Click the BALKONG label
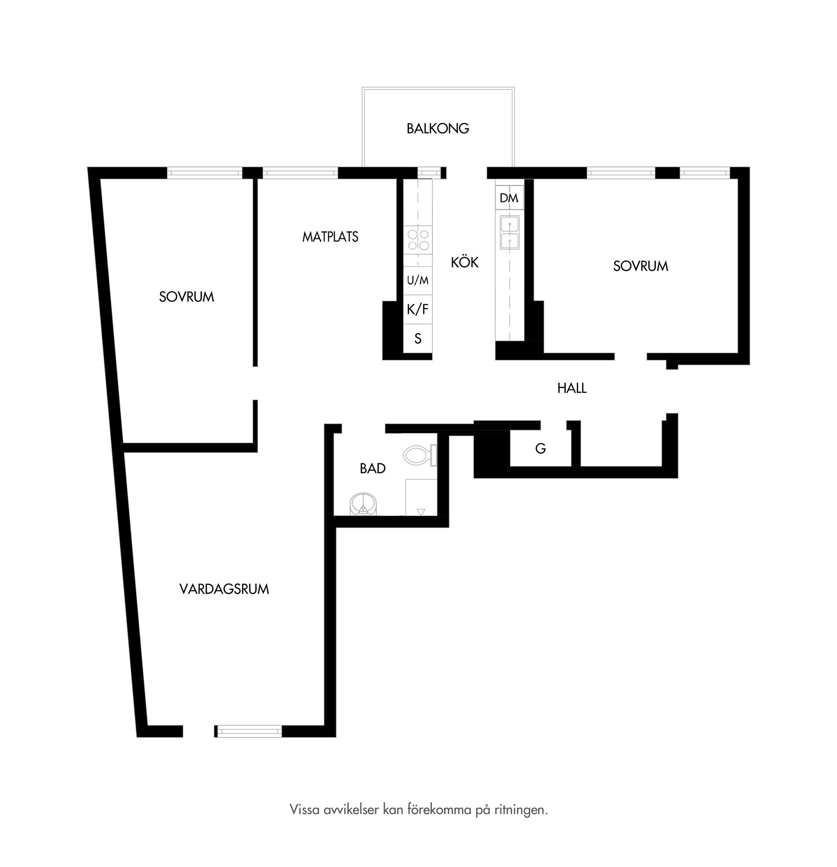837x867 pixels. tap(437, 128)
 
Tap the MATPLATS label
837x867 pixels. tap(330, 237)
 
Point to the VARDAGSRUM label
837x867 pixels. tap(224, 589)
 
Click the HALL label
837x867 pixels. tap(572, 388)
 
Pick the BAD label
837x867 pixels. tap(372, 468)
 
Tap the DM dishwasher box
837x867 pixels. tap(509, 198)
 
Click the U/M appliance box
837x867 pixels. tap(417, 280)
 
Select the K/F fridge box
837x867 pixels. tap(417, 309)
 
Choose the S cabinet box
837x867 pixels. tap(417, 339)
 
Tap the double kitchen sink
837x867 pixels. tap(510, 233)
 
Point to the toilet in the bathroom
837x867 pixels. tap(420, 455)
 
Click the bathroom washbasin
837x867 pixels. tap(364, 504)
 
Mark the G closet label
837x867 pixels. tap(540, 448)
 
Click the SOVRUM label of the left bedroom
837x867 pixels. tap(186, 297)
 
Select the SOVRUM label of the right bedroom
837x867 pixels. tap(640, 266)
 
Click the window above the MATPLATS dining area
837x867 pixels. tap(300, 173)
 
